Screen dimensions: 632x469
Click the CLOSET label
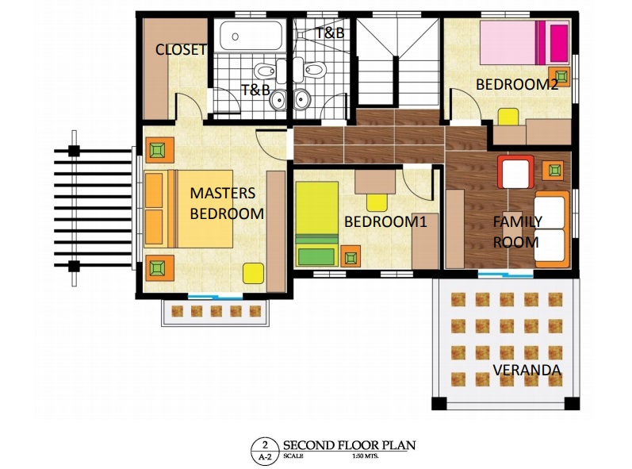181,50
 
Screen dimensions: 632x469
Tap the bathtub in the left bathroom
251,36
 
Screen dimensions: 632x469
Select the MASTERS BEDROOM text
227,203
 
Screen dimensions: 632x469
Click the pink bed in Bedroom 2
524,42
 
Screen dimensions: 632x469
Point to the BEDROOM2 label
517,85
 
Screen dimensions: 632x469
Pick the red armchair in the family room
515,171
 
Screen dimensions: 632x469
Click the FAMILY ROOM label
518,232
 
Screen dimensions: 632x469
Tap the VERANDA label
527,370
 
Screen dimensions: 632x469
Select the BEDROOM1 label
385,221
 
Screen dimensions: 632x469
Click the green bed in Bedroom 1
317,225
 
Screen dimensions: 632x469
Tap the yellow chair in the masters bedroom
253,274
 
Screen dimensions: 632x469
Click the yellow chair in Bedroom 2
508,117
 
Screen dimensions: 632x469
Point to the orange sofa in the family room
552,229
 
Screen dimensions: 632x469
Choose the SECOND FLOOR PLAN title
349,446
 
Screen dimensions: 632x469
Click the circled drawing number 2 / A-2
265,452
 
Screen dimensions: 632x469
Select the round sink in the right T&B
302,99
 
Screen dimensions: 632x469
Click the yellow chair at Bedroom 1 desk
377,202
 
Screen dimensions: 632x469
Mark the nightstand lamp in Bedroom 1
350,256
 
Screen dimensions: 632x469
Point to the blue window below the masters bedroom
215,297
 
